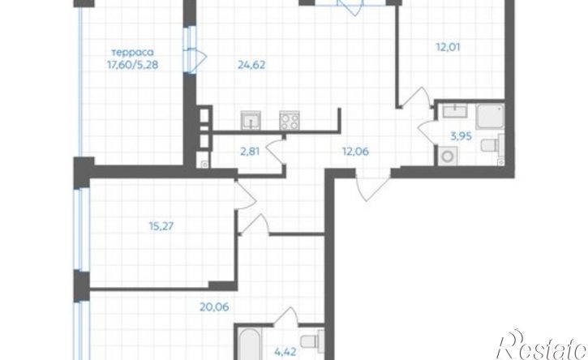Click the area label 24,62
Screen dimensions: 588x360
coord(251,65)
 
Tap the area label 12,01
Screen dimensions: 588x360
coord(448,47)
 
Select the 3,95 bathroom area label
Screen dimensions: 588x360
coord(461,136)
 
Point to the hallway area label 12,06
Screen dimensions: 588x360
coord(355,152)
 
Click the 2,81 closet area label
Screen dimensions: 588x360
coord(250,152)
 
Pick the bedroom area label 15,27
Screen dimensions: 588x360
coord(161,226)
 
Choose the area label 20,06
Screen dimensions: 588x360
coord(214,307)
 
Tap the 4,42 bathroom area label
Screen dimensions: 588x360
coord(285,352)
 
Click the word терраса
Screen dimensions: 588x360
coord(133,53)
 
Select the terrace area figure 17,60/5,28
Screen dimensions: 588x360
coord(133,65)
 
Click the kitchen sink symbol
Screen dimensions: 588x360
coord(251,120)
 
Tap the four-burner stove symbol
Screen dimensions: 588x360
coord(290,120)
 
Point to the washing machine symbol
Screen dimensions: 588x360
coord(447,156)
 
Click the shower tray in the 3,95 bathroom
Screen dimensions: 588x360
coord(490,116)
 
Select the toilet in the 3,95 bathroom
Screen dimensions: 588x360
coord(492,145)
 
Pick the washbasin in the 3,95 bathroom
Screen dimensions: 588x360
coord(455,111)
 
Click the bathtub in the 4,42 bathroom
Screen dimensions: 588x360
coord(249,345)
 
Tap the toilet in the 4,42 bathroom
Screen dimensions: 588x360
coord(312,341)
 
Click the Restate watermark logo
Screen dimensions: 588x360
coord(542,345)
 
